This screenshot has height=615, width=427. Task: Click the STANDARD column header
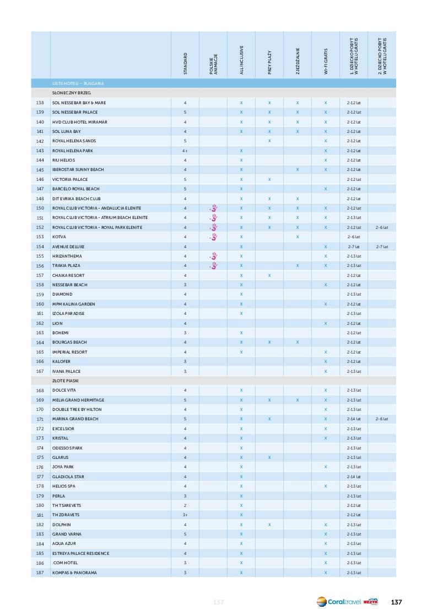185,63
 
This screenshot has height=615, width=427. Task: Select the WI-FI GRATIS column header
326,62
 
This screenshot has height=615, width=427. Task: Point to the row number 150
40,208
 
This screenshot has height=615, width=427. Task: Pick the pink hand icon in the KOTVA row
214,237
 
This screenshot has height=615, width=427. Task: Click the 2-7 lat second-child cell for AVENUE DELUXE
382,247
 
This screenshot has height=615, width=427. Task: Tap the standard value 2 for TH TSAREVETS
185,505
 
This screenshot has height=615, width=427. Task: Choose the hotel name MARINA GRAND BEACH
75,419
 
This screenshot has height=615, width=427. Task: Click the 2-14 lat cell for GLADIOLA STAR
354,477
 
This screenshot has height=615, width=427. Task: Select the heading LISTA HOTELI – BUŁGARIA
78,83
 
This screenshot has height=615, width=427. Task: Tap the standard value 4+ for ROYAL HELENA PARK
185,151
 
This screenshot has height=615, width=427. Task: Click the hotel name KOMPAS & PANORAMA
74,573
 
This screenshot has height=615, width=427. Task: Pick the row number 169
40,400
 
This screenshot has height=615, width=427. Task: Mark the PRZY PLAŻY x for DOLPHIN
269,525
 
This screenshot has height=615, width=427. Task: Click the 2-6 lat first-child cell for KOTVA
354,237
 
